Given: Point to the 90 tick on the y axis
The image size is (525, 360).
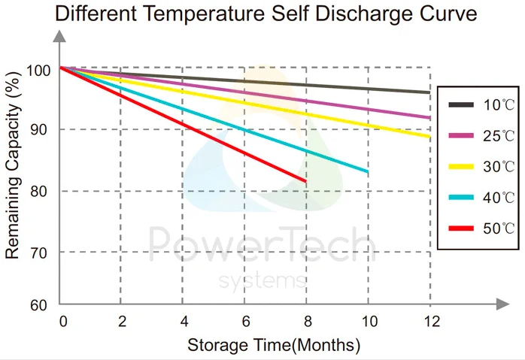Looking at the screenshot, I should pos(38,129).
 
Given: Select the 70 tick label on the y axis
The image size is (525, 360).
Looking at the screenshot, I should pos(38,252).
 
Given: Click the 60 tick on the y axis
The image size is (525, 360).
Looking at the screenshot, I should pos(38,305).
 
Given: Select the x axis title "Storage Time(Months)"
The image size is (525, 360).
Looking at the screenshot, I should pos(274,346).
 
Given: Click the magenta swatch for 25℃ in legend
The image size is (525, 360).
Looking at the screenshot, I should pos(461,135).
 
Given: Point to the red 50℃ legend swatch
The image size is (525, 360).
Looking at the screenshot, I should pos(461,227).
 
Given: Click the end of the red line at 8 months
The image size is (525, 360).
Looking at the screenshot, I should pos(305,181).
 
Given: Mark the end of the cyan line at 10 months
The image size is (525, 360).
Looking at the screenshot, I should pos(367,172).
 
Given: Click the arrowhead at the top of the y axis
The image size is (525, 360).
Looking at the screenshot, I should pos(59,37).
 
